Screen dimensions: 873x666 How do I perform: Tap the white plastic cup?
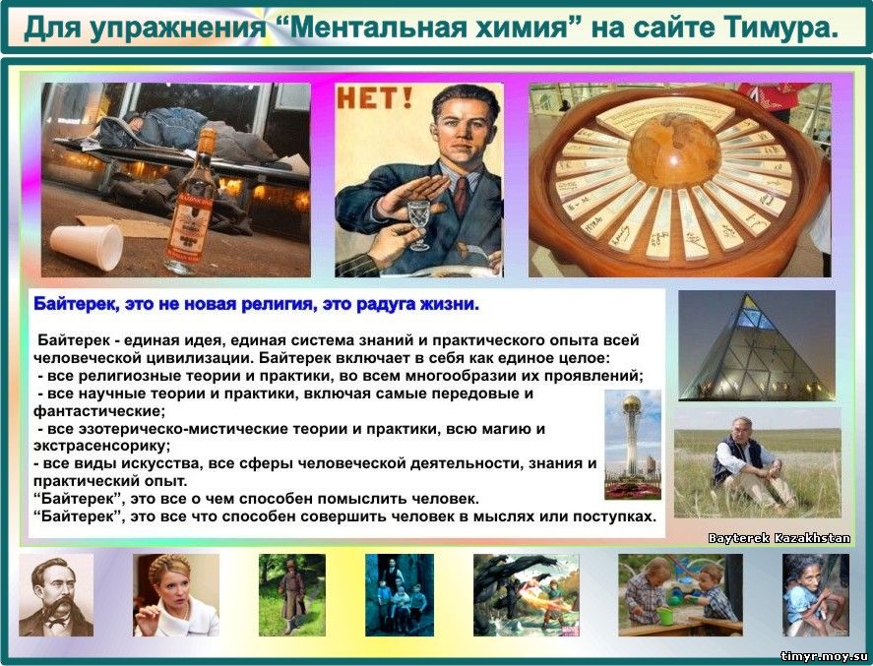pyautogui.click(x=87, y=247)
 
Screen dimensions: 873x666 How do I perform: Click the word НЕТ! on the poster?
pyautogui.click(x=374, y=98)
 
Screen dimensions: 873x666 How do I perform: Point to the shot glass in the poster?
pyautogui.click(x=418, y=222)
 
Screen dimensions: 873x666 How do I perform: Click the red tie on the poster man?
pyautogui.click(x=460, y=196)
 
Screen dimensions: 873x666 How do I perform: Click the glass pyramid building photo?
pyautogui.click(x=757, y=345)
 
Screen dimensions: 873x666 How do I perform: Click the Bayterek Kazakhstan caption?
pyautogui.click(x=779, y=538)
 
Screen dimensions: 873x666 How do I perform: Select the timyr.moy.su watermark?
pyautogui.click(x=824, y=656)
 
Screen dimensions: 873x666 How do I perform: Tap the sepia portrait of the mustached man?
pyautogui.click(x=56, y=595)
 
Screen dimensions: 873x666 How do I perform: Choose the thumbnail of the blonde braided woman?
pyautogui.click(x=176, y=595)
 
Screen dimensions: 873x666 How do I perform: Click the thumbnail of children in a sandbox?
pyautogui.click(x=680, y=595)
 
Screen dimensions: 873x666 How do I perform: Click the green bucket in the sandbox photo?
pyautogui.click(x=665, y=617)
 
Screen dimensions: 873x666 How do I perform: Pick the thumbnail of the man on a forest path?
pyautogui.click(x=291, y=595)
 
